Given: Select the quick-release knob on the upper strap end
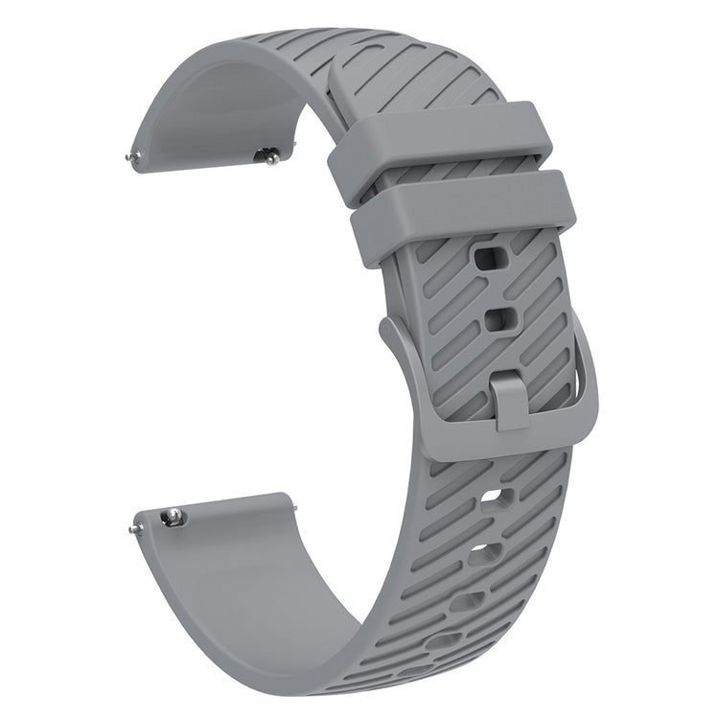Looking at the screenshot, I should pos(270,153).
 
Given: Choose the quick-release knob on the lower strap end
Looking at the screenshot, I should pos(173,519).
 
